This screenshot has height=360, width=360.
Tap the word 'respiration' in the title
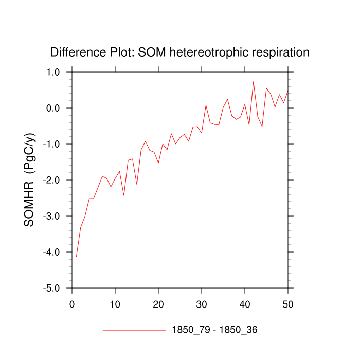282,52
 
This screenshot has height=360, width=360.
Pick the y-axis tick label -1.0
53,144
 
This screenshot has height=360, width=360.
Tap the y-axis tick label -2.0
53,180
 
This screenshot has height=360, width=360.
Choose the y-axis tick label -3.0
53,216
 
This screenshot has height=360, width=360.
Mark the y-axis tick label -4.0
53,252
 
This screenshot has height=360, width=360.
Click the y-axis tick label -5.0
53,288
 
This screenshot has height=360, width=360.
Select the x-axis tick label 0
72,304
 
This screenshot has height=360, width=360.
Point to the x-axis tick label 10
115,304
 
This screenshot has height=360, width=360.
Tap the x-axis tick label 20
158,304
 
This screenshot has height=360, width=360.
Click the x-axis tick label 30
202,304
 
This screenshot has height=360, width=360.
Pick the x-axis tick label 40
245,304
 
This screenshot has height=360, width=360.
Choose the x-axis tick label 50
288,304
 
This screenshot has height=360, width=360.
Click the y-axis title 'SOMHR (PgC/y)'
29,180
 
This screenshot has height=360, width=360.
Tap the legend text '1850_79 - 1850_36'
214,330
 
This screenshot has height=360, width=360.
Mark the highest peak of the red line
254,81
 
